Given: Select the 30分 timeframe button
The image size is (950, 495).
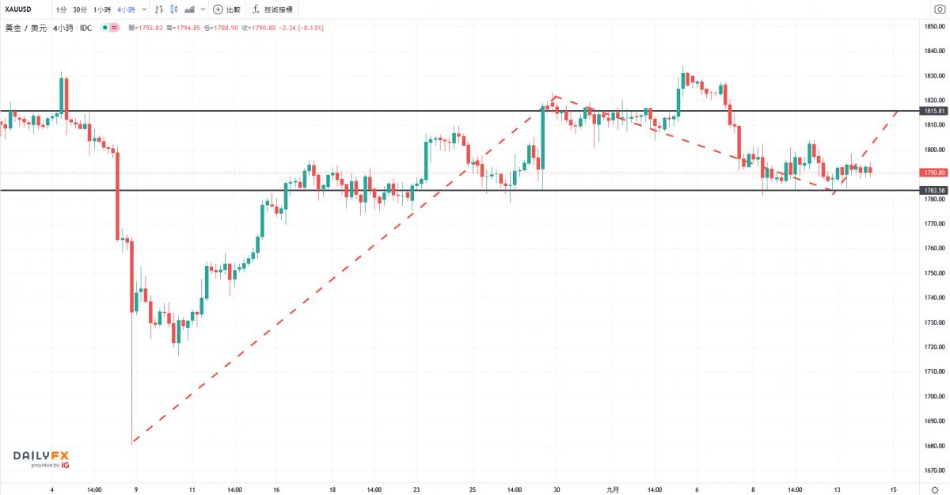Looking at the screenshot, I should tap(80, 10).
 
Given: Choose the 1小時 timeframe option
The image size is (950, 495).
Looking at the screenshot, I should tap(101, 10).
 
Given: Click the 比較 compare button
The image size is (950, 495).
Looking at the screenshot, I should tap(226, 10).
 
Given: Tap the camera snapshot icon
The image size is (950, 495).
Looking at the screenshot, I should tap(940, 10).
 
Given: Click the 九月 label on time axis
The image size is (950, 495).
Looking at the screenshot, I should tap(612, 489).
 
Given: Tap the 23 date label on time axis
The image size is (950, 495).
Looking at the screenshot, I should tap(416, 489).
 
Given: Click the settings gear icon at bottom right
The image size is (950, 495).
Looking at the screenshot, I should tap(934, 489).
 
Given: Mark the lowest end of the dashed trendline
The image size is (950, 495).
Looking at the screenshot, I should tap(131, 443).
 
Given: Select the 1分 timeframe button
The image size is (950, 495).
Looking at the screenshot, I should tap(61, 10).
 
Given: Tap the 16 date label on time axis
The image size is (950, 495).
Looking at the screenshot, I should tap(277, 489).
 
